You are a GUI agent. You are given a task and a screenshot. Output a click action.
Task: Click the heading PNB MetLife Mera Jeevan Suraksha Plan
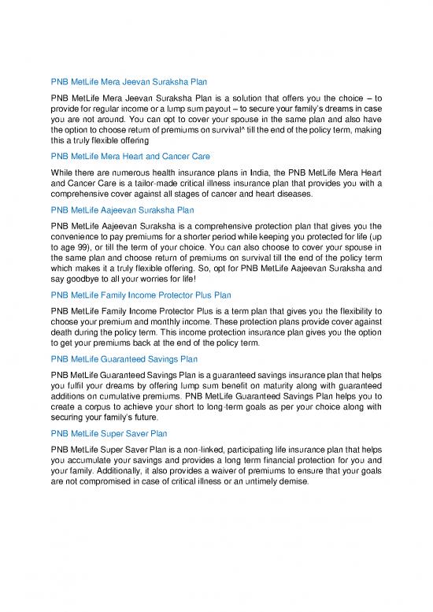pyautogui.click(x=134, y=81)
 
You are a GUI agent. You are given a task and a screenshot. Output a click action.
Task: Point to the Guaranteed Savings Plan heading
pyautogui.click(x=129, y=359)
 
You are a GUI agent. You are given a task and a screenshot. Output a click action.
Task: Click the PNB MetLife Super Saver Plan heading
pyautogui.click(x=114, y=434)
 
